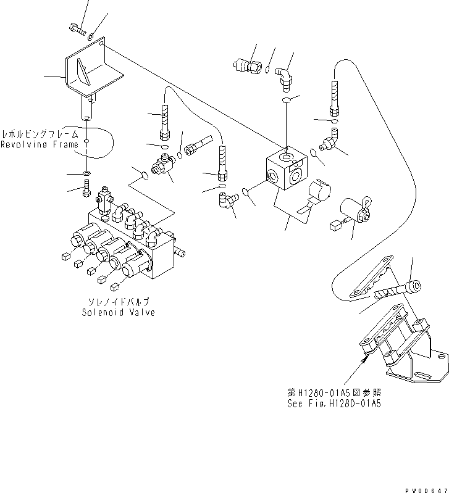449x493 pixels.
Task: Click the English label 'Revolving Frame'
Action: coord(40,145)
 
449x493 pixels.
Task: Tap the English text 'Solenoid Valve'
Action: coord(118,312)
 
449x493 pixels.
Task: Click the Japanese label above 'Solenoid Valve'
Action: coord(118,302)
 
